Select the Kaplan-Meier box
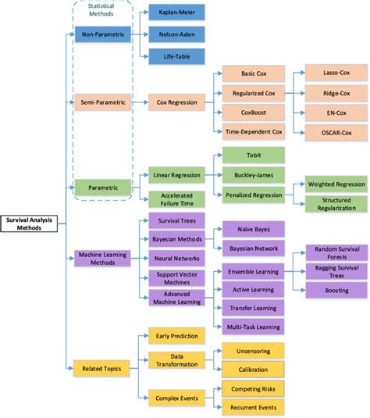176,12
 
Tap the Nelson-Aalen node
176,34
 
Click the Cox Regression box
176,101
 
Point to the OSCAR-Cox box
325,132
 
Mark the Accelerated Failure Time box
176,199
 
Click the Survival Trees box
176,221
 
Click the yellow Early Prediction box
176,335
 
